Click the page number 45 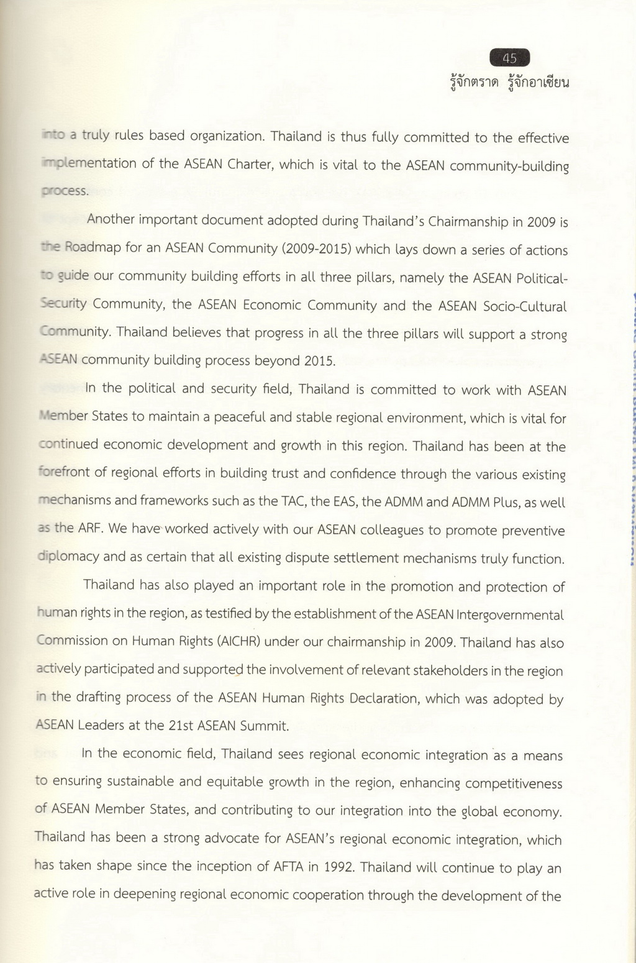[509, 58]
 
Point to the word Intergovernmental [510, 615]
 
